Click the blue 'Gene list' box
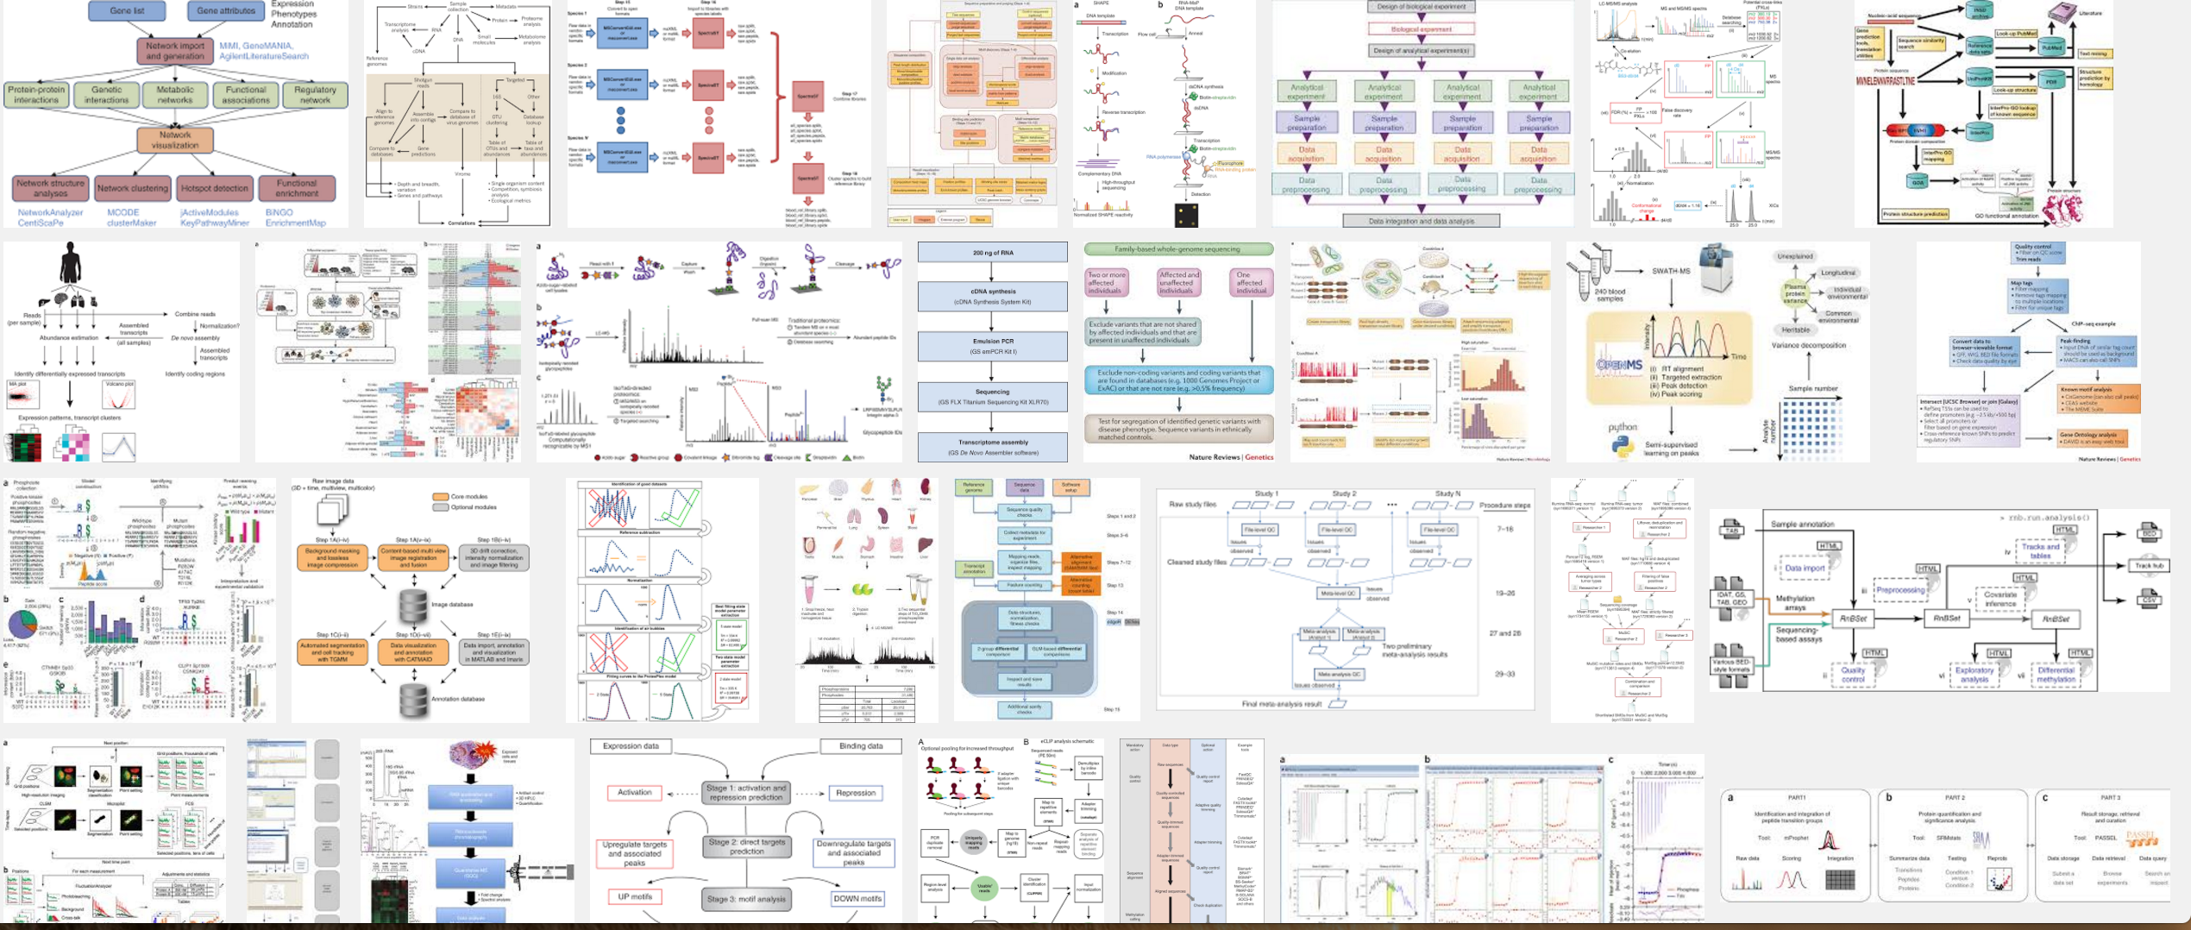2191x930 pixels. (x=127, y=11)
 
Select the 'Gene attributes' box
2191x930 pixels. (x=225, y=11)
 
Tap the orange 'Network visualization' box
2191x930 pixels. (x=175, y=140)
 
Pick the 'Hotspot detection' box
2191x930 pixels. (x=215, y=188)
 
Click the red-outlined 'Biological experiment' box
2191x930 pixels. (x=1421, y=29)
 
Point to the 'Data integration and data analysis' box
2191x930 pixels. (x=1421, y=221)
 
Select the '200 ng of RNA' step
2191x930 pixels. (x=992, y=253)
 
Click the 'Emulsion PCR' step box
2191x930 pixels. (x=992, y=346)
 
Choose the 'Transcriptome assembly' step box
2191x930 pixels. (x=992, y=446)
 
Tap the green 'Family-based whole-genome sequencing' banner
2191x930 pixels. (x=1177, y=249)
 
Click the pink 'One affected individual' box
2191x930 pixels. (x=1250, y=283)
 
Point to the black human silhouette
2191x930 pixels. (x=70, y=262)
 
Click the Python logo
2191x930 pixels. (x=1622, y=447)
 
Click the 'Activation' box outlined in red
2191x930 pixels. (x=635, y=792)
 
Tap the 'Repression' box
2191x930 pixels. (x=855, y=792)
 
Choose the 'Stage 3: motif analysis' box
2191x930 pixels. (x=746, y=898)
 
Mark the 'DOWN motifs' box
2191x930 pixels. (x=857, y=898)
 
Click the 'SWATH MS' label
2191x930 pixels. (x=1670, y=271)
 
